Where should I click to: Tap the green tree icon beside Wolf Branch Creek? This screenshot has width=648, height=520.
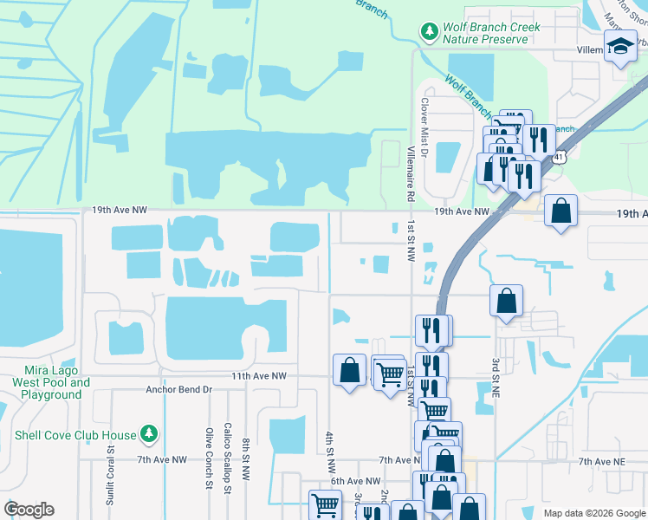point(429,32)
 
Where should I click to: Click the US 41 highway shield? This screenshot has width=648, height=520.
point(560,157)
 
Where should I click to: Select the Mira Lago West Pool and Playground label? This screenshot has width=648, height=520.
point(51,382)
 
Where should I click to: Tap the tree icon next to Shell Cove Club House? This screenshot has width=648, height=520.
point(150,433)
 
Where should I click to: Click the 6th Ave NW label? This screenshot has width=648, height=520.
point(355,481)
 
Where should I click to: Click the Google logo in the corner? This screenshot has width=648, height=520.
point(29,510)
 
